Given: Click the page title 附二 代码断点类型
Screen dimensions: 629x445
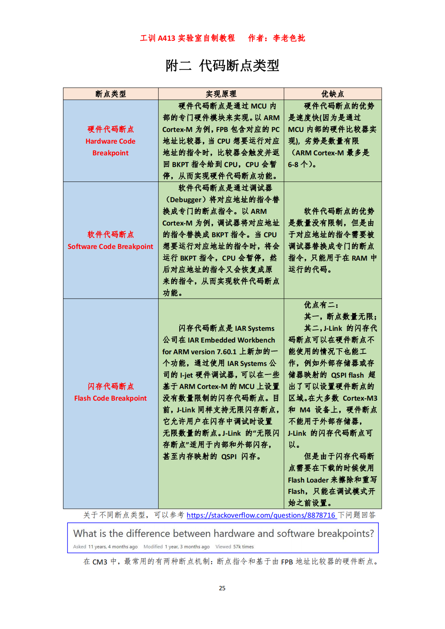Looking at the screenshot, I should (x=222, y=65).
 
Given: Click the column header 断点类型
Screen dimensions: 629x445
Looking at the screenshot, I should (x=111, y=94).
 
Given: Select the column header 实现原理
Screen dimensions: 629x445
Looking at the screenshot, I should (x=221, y=94).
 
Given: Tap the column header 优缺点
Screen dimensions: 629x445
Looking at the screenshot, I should (x=332, y=94).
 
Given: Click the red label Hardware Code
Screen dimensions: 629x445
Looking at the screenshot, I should (x=110, y=141).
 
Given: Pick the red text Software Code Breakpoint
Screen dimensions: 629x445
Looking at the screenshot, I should (x=110, y=247).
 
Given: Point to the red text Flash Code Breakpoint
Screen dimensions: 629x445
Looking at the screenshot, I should (x=110, y=398).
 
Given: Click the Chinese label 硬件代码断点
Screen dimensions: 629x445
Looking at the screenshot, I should (x=110, y=129).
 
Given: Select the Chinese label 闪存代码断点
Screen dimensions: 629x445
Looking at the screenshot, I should (x=110, y=386).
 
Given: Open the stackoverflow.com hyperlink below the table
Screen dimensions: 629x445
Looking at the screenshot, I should (x=261, y=515).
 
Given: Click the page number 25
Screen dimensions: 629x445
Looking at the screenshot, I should (x=222, y=588).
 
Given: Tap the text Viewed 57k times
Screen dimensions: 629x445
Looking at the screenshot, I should (x=234, y=547).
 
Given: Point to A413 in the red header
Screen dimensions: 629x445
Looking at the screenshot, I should (x=166, y=38).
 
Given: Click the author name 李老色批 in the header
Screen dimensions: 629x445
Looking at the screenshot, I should (x=289, y=38).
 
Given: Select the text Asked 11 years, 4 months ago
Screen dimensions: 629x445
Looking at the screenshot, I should (x=105, y=547).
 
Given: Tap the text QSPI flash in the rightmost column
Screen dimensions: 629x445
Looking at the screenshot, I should (x=347, y=375).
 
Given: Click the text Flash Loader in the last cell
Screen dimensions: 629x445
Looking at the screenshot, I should (x=308, y=480).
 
